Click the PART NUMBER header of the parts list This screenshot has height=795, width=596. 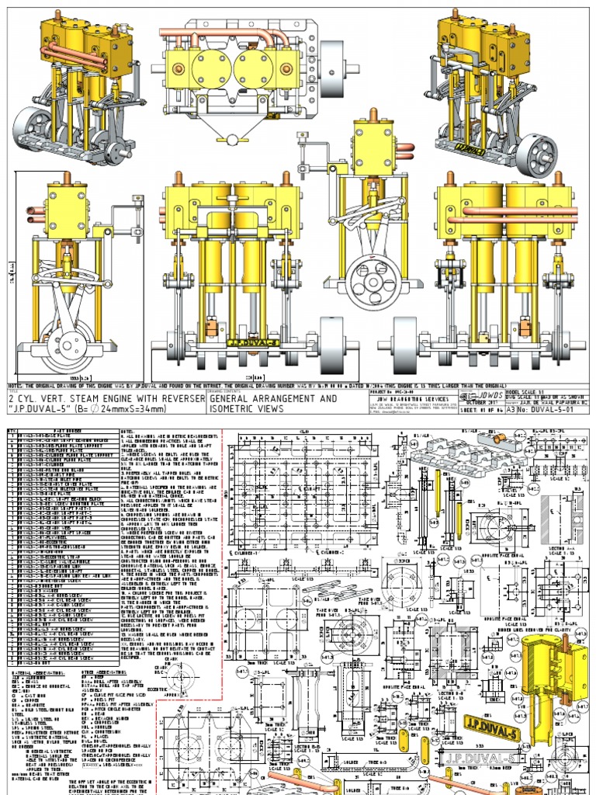click(65, 430)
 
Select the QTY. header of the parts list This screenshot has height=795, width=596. click(12, 430)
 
